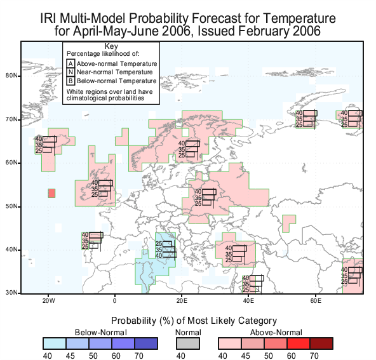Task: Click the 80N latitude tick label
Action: pos(11,76)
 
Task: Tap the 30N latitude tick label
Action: pos(11,293)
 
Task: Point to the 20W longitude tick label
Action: pos(49,300)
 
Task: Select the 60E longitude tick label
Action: pos(316,300)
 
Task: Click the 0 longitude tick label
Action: pos(114,300)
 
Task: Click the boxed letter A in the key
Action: pos(70,63)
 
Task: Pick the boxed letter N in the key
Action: pos(70,72)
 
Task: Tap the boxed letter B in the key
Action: pos(70,81)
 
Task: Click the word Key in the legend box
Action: pos(111,46)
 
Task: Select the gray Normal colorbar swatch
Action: pos(188,343)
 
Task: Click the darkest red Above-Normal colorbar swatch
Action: pos(321,343)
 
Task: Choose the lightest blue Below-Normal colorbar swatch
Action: pos(55,343)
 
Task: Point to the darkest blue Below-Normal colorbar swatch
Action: pos(146,343)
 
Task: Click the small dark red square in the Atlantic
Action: pos(51,194)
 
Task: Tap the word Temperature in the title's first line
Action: pos(300,18)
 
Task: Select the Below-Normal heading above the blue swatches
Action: pos(101,333)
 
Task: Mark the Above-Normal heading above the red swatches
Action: pos(276,333)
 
